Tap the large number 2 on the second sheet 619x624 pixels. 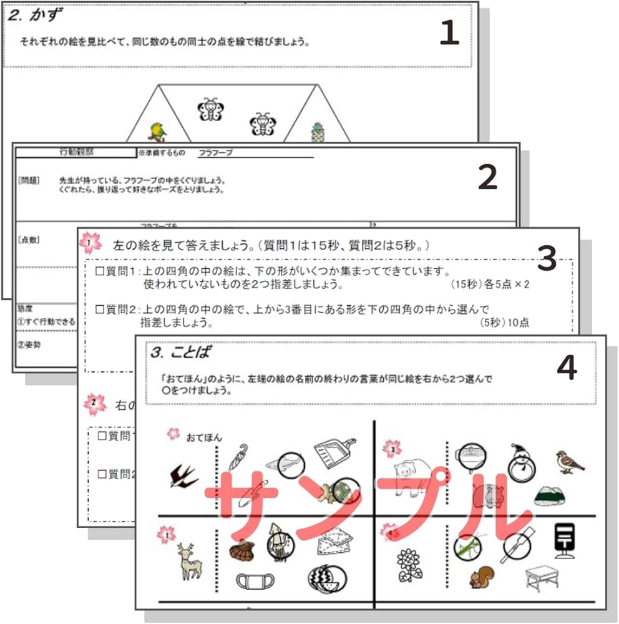[x=487, y=178]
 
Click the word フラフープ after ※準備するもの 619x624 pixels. [x=215, y=152]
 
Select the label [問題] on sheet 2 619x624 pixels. [x=29, y=180]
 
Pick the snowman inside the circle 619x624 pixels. [x=518, y=462]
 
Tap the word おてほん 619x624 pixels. [x=204, y=438]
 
